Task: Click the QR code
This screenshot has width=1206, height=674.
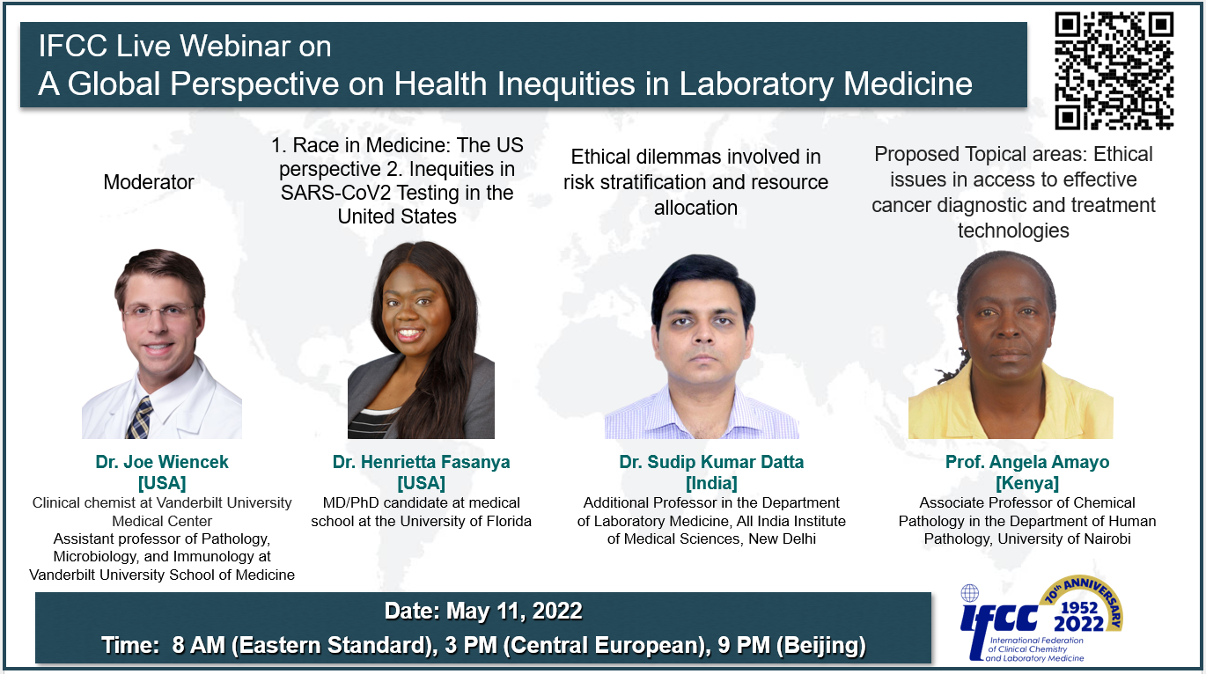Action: point(1114,71)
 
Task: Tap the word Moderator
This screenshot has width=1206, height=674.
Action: point(149,182)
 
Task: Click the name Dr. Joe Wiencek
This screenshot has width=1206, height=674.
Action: point(162,462)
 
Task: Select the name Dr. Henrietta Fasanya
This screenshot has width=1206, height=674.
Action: point(421,462)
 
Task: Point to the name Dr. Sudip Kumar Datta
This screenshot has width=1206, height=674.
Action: point(711,462)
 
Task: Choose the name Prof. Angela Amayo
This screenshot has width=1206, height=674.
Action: point(1027,462)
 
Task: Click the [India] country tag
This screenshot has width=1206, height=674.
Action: point(711,483)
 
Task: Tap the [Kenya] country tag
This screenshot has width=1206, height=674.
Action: point(1027,483)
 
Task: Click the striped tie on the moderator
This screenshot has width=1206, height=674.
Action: point(139,418)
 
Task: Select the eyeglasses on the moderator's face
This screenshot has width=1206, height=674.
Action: point(160,311)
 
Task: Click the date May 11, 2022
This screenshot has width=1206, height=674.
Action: point(514,611)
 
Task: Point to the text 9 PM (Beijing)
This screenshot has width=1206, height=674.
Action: point(792,645)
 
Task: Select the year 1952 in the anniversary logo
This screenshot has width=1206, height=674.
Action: point(1079,608)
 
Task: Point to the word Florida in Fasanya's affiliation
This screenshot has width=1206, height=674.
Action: point(508,521)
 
